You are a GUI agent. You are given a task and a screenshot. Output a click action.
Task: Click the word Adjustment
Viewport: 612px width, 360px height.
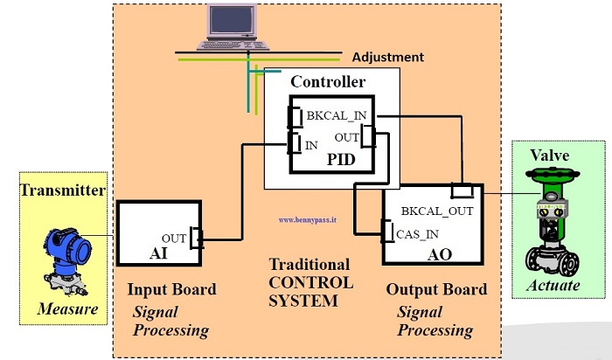(x=387, y=58)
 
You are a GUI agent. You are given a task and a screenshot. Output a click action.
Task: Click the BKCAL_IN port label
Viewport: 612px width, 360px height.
(x=337, y=115)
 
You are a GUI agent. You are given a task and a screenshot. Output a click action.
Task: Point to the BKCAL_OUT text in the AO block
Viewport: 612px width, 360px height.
(x=438, y=211)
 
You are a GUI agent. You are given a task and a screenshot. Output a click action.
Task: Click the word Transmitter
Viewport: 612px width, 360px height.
(x=63, y=190)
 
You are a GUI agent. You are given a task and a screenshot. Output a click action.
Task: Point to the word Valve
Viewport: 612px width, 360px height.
(x=550, y=156)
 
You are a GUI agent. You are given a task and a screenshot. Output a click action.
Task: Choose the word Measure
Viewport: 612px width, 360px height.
(x=67, y=308)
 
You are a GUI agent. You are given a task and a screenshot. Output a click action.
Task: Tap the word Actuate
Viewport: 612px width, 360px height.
(x=552, y=287)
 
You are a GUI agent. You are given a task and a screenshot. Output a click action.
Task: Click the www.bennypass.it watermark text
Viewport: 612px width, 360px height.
(x=311, y=220)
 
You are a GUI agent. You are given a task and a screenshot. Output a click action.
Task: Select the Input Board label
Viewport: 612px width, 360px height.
(x=172, y=290)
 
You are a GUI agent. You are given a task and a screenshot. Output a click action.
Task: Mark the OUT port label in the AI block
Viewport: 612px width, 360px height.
(x=175, y=237)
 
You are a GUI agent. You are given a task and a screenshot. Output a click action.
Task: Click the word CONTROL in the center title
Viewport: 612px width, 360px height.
(x=311, y=283)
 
